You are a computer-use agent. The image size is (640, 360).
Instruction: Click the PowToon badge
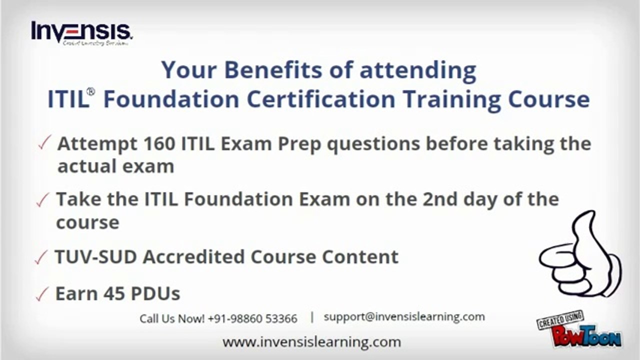(579, 330)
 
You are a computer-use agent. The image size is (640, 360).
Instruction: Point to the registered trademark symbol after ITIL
(90, 92)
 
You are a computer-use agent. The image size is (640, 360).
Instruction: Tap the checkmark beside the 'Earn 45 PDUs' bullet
(42, 295)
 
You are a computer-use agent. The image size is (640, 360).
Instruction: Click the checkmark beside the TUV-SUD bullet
(41, 258)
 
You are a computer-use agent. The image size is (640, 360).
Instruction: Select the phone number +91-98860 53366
(252, 318)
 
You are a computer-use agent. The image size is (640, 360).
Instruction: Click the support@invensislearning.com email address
(404, 316)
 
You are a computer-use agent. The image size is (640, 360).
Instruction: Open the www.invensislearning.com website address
(311, 342)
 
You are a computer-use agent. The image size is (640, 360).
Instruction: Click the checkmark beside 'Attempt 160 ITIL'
(44, 144)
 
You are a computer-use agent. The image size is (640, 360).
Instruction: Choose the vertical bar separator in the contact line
(312, 317)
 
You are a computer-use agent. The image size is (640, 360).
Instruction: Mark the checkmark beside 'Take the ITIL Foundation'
(43, 200)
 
